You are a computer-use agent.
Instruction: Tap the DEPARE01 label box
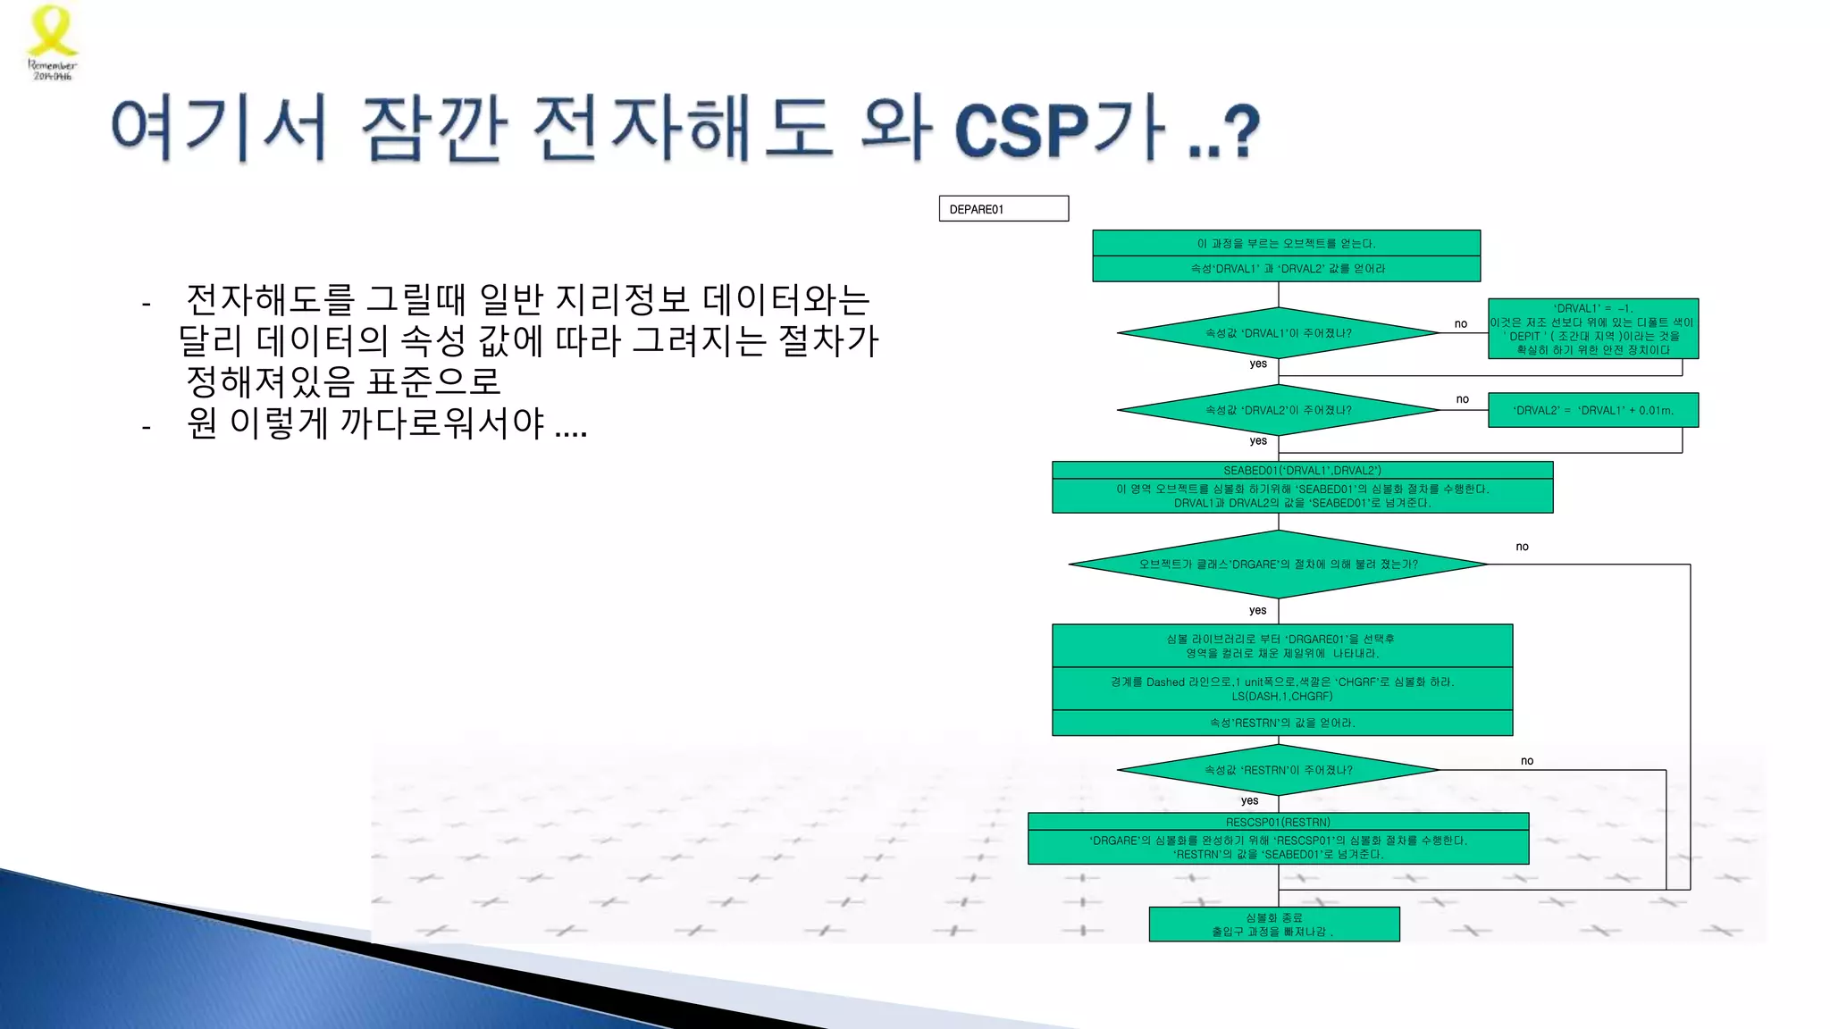point(1003,209)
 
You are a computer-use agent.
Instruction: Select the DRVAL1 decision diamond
point(1278,333)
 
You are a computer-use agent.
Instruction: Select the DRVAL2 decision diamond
point(1278,410)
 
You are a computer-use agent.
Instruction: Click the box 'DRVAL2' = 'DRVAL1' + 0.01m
point(1592,410)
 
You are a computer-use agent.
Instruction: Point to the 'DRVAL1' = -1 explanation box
point(1592,329)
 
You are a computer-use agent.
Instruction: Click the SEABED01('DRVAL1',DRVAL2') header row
point(1302,471)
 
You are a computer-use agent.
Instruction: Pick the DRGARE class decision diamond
point(1278,565)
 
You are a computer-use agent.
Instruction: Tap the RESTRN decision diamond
point(1278,770)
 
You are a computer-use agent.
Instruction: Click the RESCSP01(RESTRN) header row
point(1278,822)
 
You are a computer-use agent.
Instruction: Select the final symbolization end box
point(1273,924)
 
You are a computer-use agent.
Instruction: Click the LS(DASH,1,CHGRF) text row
point(1281,696)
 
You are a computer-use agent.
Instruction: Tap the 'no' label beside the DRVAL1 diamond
point(1460,324)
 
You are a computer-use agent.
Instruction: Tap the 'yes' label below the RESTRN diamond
point(1249,800)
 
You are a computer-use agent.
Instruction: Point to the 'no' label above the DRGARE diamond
point(1522,547)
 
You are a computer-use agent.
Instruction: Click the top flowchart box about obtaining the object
point(1286,243)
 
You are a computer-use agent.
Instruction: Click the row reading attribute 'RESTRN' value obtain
point(1281,723)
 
